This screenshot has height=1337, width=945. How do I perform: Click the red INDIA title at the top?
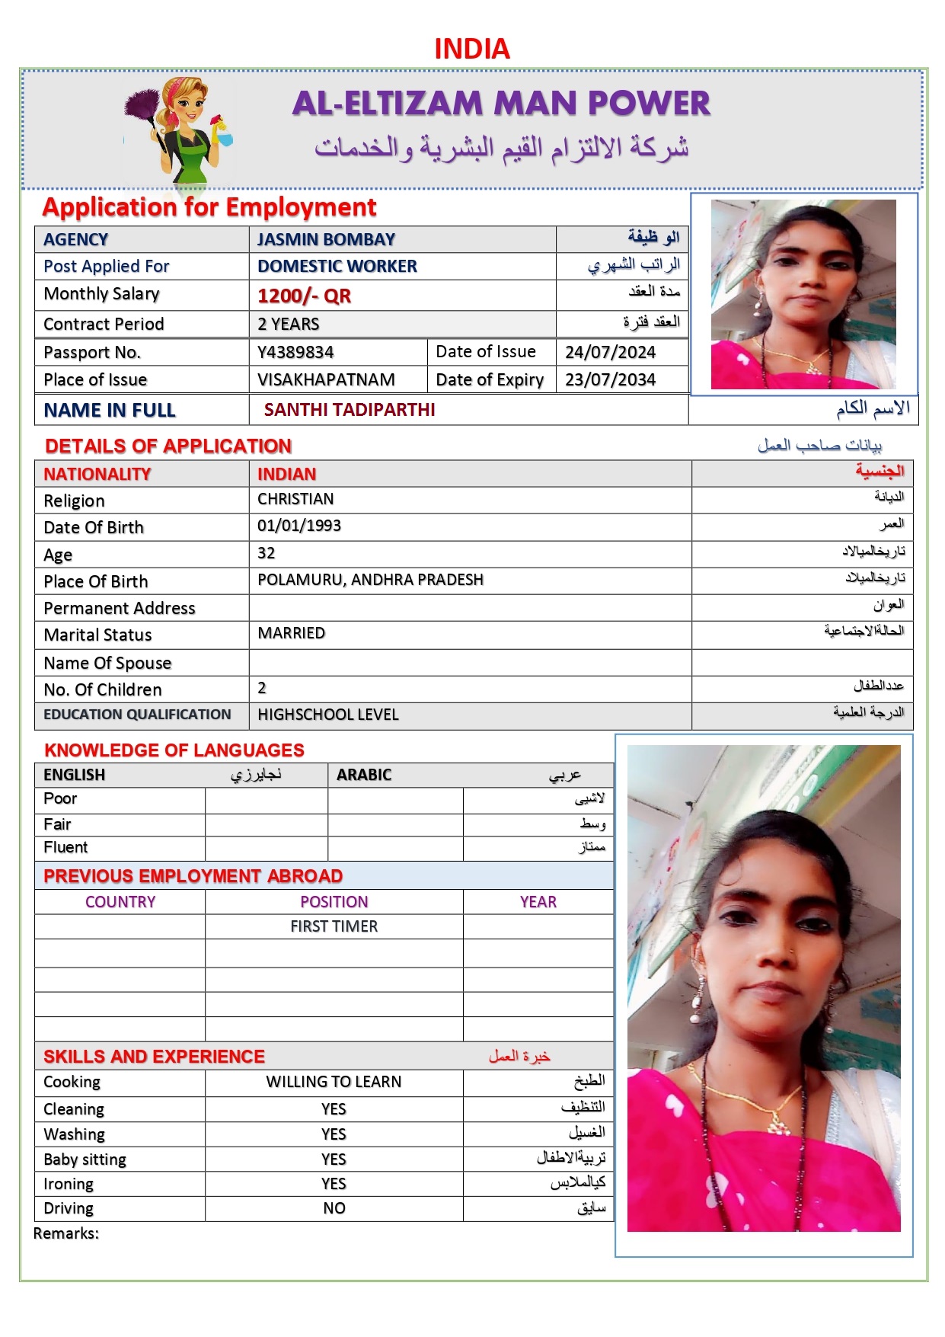pyautogui.click(x=471, y=49)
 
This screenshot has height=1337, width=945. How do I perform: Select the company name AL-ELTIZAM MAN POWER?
pyautogui.click(x=501, y=104)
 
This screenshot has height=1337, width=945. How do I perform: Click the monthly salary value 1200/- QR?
pyautogui.click(x=304, y=296)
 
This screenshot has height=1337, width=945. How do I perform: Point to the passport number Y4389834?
pyautogui.click(x=295, y=352)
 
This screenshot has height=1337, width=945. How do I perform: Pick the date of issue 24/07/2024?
pyautogui.click(x=610, y=352)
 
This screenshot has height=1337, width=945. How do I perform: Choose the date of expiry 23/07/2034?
pyautogui.click(x=610, y=379)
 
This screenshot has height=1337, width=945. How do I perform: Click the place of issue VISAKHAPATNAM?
pyautogui.click(x=326, y=379)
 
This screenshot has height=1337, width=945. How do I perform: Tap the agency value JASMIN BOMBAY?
pyautogui.click(x=326, y=239)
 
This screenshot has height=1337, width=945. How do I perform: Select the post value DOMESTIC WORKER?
pyautogui.click(x=337, y=266)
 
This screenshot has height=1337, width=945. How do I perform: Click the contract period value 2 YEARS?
pyautogui.click(x=289, y=324)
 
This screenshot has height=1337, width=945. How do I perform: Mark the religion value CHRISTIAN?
pyautogui.click(x=295, y=499)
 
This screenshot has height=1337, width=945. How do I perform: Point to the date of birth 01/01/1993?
pyautogui.click(x=299, y=526)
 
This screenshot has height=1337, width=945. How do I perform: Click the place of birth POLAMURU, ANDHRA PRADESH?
pyautogui.click(x=370, y=580)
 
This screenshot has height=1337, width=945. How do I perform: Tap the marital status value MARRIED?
pyautogui.click(x=291, y=633)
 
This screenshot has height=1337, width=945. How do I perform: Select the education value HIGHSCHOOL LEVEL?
pyautogui.click(x=328, y=715)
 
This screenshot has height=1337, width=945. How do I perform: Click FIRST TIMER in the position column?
pyautogui.click(x=334, y=926)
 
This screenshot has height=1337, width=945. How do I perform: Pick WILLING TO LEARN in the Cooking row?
pyautogui.click(x=334, y=1082)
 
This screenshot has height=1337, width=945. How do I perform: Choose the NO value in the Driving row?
pyautogui.click(x=334, y=1208)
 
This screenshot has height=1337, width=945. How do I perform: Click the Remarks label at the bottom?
pyautogui.click(x=66, y=1233)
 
